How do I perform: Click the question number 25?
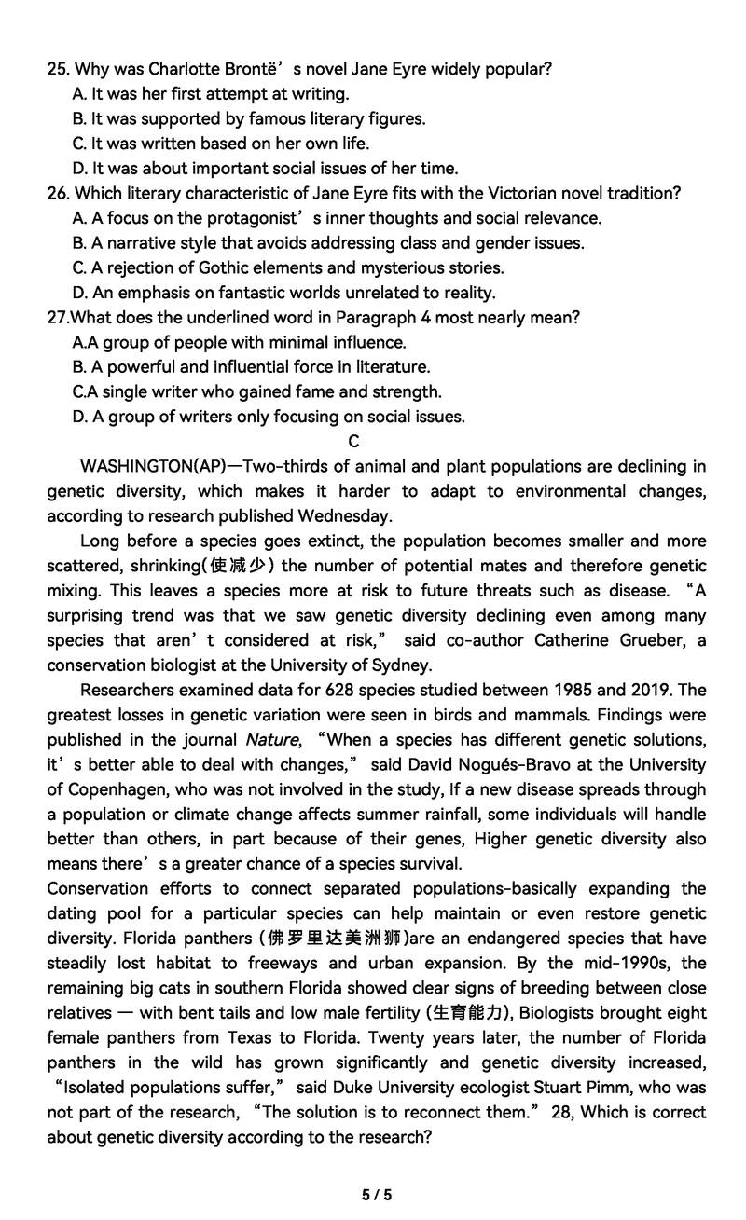(57, 69)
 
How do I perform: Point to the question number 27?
(57, 318)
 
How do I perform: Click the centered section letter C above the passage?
(353, 442)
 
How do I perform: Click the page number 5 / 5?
(377, 1194)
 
